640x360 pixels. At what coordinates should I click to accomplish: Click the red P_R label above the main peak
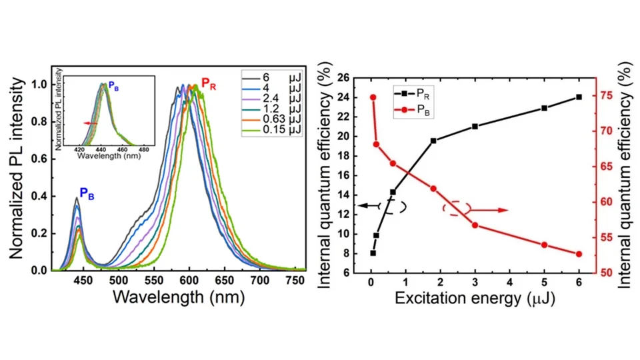(x=209, y=85)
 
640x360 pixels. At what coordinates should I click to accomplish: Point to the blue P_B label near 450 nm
(x=87, y=193)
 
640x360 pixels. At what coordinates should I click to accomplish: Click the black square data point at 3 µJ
(x=475, y=126)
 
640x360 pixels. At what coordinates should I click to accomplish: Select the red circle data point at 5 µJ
(x=544, y=245)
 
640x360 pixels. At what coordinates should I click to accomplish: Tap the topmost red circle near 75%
(x=373, y=97)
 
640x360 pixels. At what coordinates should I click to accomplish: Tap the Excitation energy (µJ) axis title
(x=475, y=297)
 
